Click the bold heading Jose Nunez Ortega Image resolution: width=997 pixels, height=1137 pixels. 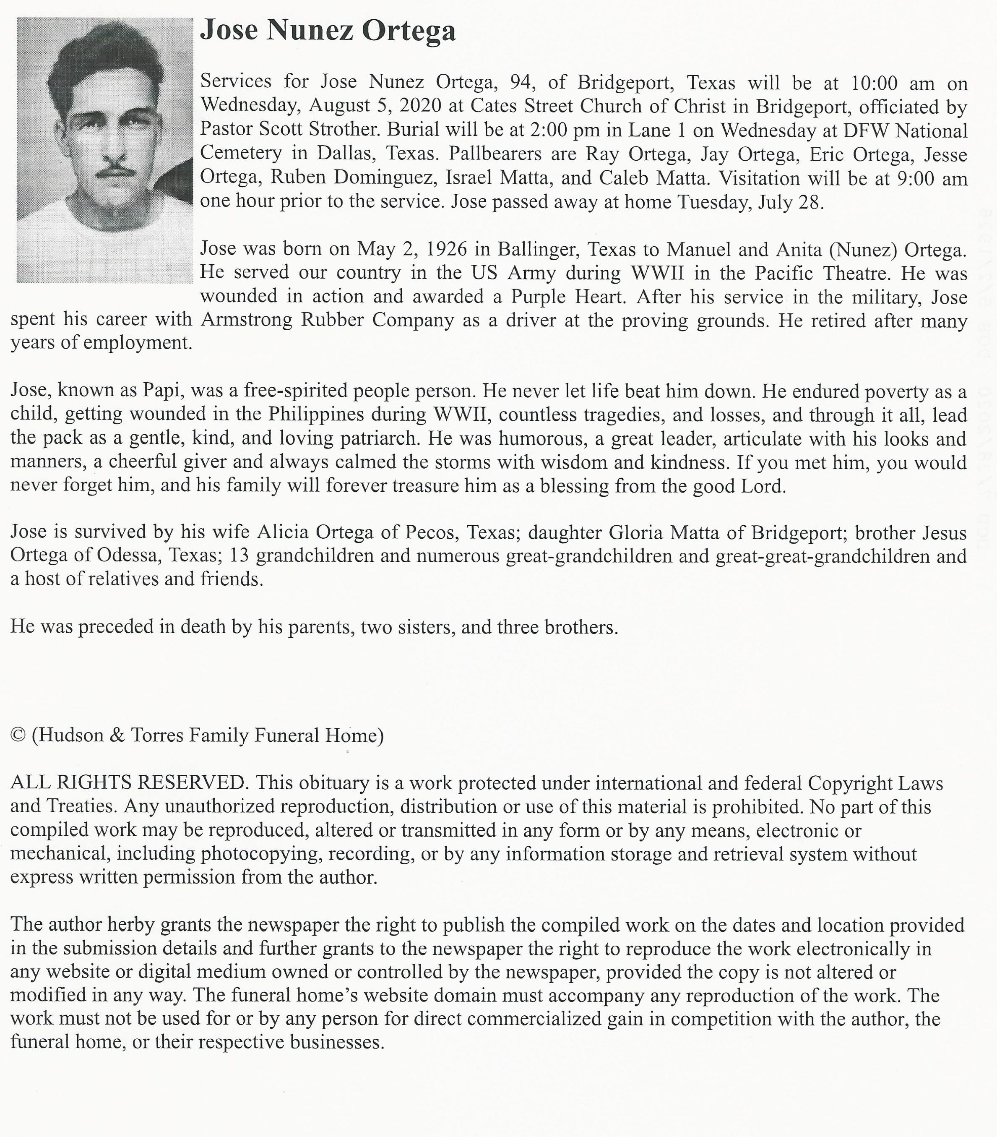click(328, 31)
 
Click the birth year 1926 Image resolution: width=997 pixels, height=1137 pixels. click(445, 249)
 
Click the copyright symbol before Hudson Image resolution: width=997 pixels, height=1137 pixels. click(18, 736)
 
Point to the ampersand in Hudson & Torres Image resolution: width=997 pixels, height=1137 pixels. click(117, 736)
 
